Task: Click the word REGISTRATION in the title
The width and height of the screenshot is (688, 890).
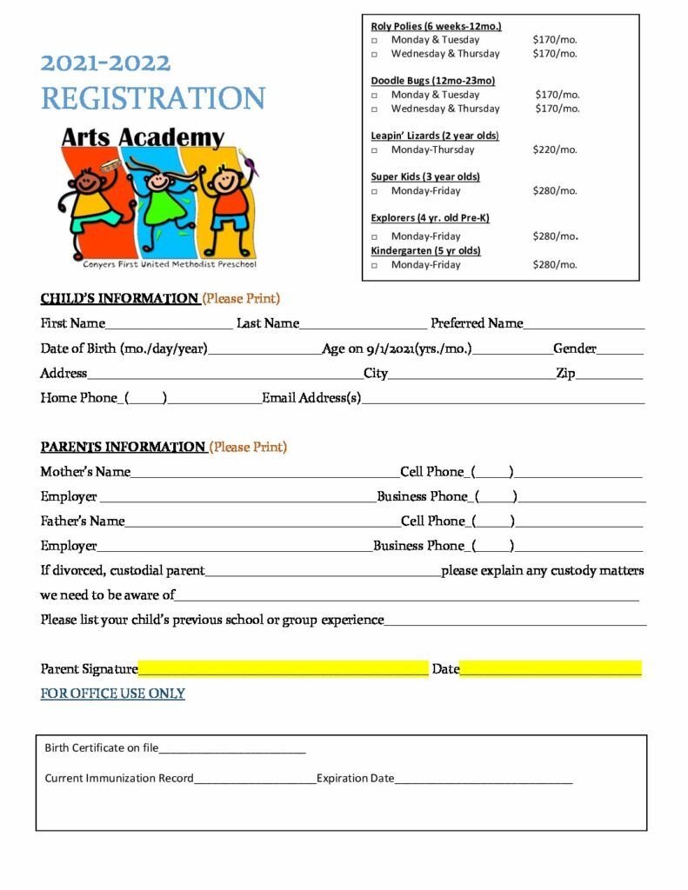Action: coord(153,98)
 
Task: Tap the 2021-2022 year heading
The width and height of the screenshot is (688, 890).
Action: coord(105,63)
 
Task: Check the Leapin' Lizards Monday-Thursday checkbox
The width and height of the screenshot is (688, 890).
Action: coord(375,150)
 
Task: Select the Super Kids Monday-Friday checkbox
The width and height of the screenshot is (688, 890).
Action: coord(375,191)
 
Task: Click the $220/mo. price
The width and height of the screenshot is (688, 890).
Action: coord(555,149)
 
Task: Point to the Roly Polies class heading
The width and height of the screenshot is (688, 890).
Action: coord(436,26)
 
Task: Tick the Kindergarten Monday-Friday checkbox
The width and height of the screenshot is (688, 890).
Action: coord(375,265)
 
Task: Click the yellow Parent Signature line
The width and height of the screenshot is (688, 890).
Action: coord(283,668)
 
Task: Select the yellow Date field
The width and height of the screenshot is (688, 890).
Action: coord(550,668)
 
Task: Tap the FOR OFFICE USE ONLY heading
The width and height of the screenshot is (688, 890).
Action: coord(112,694)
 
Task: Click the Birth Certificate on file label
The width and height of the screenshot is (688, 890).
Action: coord(101,747)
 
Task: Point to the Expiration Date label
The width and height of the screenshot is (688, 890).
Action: coord(355,778)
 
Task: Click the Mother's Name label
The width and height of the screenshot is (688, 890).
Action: coord(85,472)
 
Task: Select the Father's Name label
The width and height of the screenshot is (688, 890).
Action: coord(83,521)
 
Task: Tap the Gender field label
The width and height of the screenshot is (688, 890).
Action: coord(575,349)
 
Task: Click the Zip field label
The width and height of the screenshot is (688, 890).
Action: coord(565,373)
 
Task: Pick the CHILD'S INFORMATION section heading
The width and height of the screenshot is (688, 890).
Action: coord(119,299)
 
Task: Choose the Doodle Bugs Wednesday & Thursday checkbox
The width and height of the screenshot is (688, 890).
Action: coord(375,110)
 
